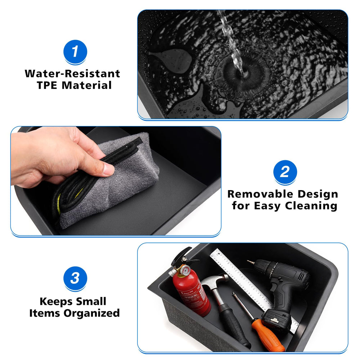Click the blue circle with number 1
coord(75,51)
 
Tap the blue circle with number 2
coord(285,172)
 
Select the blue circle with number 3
coord(75,278)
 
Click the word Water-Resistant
coord(72,74)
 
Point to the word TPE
coord(47,85)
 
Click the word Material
coord(86,85)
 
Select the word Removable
coord(260,194)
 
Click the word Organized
coord(91,313)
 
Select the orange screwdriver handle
coord(267,335)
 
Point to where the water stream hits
coord(243,74)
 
